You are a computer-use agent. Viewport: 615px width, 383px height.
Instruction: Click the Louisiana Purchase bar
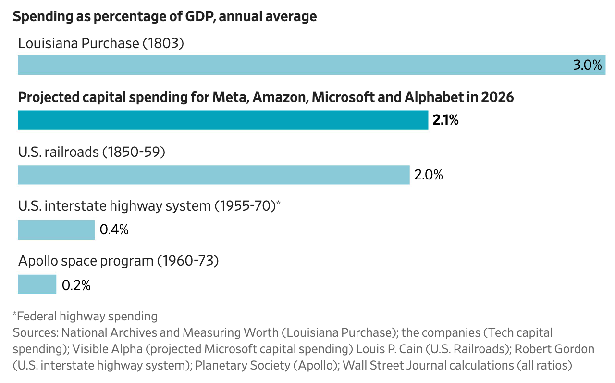click(x=288, y=65)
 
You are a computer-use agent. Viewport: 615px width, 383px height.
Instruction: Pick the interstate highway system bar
click(x=56, y=230)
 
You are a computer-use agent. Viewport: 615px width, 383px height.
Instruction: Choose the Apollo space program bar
click(x=37, y=284)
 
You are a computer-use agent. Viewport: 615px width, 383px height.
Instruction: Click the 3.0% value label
click(x=587, y=65)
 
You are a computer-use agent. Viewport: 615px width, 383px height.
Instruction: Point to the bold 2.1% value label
click(x=445, y=120)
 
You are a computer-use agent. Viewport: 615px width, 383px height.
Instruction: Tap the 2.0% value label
click(x=428, y=175)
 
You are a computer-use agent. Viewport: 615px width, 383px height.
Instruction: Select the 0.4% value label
click(x=114, y=230)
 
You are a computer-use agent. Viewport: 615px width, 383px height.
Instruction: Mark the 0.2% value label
click(x=76, y=285)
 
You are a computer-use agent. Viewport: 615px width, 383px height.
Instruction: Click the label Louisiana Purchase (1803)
click(x=101, y=43)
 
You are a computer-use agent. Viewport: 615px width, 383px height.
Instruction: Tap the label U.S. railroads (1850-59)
click(x=92, y=152)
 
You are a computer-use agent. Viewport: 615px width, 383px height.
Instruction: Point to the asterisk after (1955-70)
click(x=278, y=204)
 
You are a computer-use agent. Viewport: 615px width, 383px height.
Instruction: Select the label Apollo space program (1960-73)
click(x=118, y=261)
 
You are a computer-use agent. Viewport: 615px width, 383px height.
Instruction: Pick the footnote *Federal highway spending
click(x=85, y=316)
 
